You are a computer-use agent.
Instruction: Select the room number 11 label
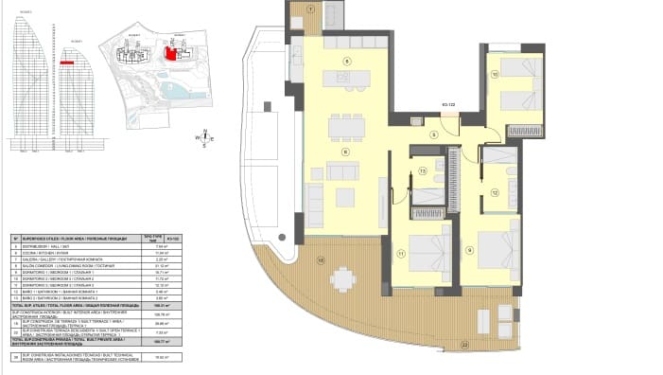coord(401,254)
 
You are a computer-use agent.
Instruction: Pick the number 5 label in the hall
coord(434,135)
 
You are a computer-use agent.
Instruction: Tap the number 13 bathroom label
coord(423,172)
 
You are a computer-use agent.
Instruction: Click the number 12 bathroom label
coord(496,191)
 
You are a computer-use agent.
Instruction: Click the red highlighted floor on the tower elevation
coord(67,61)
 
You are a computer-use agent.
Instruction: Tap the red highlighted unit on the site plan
coord(171,54)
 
